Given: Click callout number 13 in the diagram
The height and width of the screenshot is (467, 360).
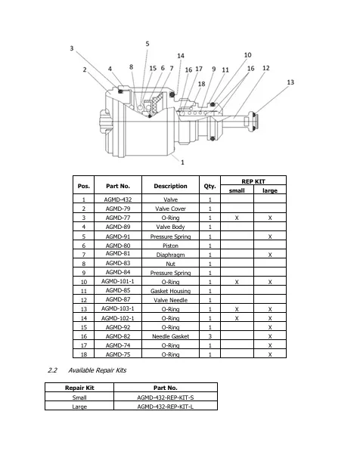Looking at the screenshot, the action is (x=290, y=82).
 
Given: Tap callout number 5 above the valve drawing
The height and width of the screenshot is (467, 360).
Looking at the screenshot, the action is (x=147, y=44).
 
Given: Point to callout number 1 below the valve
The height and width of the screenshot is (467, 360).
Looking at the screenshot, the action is (x=182, y=162).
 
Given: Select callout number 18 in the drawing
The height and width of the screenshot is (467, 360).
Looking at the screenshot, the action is (x=201, y=84).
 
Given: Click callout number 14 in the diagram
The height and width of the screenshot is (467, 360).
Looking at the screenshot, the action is (x=181, y=56).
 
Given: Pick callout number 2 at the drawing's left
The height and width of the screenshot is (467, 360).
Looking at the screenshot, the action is (x=85, y=70).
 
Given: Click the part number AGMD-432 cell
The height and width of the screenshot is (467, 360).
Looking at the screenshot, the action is (x=118, y=199).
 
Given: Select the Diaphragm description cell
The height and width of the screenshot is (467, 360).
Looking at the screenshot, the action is (x=170, y=255).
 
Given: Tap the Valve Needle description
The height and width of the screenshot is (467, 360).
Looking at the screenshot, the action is (x=170, y=300).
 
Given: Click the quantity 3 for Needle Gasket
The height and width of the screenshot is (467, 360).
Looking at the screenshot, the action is (x=209, y=336).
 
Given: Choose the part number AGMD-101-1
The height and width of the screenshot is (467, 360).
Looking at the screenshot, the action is (x=118, y=281).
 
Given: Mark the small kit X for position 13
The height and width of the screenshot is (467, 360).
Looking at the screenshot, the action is (x=237, y=309).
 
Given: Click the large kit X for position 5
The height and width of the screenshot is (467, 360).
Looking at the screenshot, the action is (x=270, y=237).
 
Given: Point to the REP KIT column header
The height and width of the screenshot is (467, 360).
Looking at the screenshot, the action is (x=253, y=181).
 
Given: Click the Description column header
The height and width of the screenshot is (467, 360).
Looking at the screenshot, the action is (x=170, y=186).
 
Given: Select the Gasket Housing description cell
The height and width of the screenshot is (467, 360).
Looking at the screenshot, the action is (x=170, y=291).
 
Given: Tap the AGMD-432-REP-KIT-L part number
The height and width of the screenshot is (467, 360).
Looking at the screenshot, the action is (x=166, y=407).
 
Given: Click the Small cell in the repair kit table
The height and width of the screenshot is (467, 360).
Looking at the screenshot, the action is (x=79, y=397).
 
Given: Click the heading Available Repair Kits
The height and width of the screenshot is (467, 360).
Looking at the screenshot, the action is (x=97, y=370).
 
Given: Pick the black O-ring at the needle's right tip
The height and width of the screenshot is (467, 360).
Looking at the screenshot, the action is (x=253, y=122).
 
